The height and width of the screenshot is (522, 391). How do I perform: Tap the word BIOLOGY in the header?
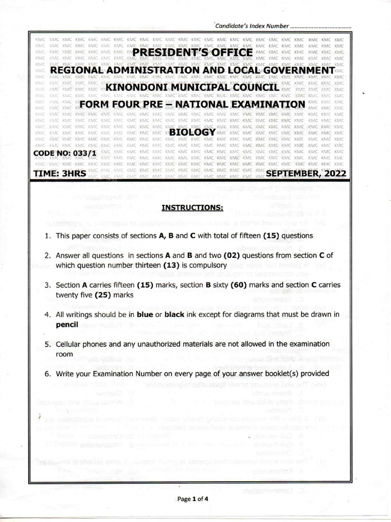[192, 132]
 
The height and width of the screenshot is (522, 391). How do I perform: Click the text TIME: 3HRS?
[60, 174]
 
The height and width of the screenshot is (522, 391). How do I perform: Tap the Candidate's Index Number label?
[252, 26]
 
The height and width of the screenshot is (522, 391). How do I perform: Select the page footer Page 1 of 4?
[193, 499]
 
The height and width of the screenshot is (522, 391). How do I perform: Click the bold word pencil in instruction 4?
[67, 324]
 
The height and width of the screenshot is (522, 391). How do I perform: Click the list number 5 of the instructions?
[46, 344]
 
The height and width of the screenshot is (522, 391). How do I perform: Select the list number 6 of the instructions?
[46, 374]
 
